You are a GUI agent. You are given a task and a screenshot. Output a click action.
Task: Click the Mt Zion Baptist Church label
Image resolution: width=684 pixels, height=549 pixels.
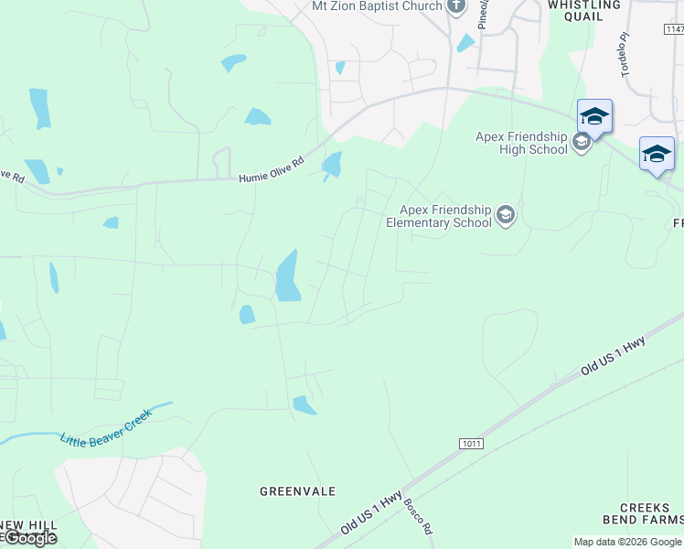(377, 6)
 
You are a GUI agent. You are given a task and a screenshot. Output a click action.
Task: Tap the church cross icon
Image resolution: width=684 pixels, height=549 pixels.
(457, 6)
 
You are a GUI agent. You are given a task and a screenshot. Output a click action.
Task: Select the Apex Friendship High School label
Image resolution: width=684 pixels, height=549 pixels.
(521, 144)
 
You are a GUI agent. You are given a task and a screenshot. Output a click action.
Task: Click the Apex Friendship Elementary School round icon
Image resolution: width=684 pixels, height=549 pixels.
(506, 216)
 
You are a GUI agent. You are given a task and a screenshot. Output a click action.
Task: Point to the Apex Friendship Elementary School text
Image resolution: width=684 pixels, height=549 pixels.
(439, 216)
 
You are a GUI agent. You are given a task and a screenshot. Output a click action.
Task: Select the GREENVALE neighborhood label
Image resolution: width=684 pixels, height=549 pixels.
(297, 491)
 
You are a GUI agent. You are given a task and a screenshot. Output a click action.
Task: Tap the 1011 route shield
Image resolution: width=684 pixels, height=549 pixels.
(471, 443)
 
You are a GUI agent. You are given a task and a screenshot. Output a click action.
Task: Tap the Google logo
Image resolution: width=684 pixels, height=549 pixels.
(29, 538)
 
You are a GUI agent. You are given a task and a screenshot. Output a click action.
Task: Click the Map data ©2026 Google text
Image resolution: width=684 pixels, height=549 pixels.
(627, 542)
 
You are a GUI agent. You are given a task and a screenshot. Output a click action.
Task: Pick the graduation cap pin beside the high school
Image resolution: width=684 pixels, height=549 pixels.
(594, 117)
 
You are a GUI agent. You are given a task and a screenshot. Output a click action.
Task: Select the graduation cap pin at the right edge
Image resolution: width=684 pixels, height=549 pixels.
(657, 154)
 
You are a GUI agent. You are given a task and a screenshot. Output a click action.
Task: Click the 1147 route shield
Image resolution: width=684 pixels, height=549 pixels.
(674, 29)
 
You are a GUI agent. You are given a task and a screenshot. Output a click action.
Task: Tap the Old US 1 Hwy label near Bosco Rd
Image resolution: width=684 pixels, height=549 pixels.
(371, 512)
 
